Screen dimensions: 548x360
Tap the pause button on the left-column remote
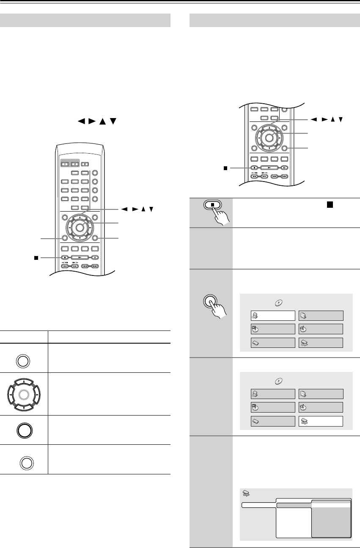click(x=95, y=257)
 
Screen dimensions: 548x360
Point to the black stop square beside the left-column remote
click(x=36, y=257)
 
